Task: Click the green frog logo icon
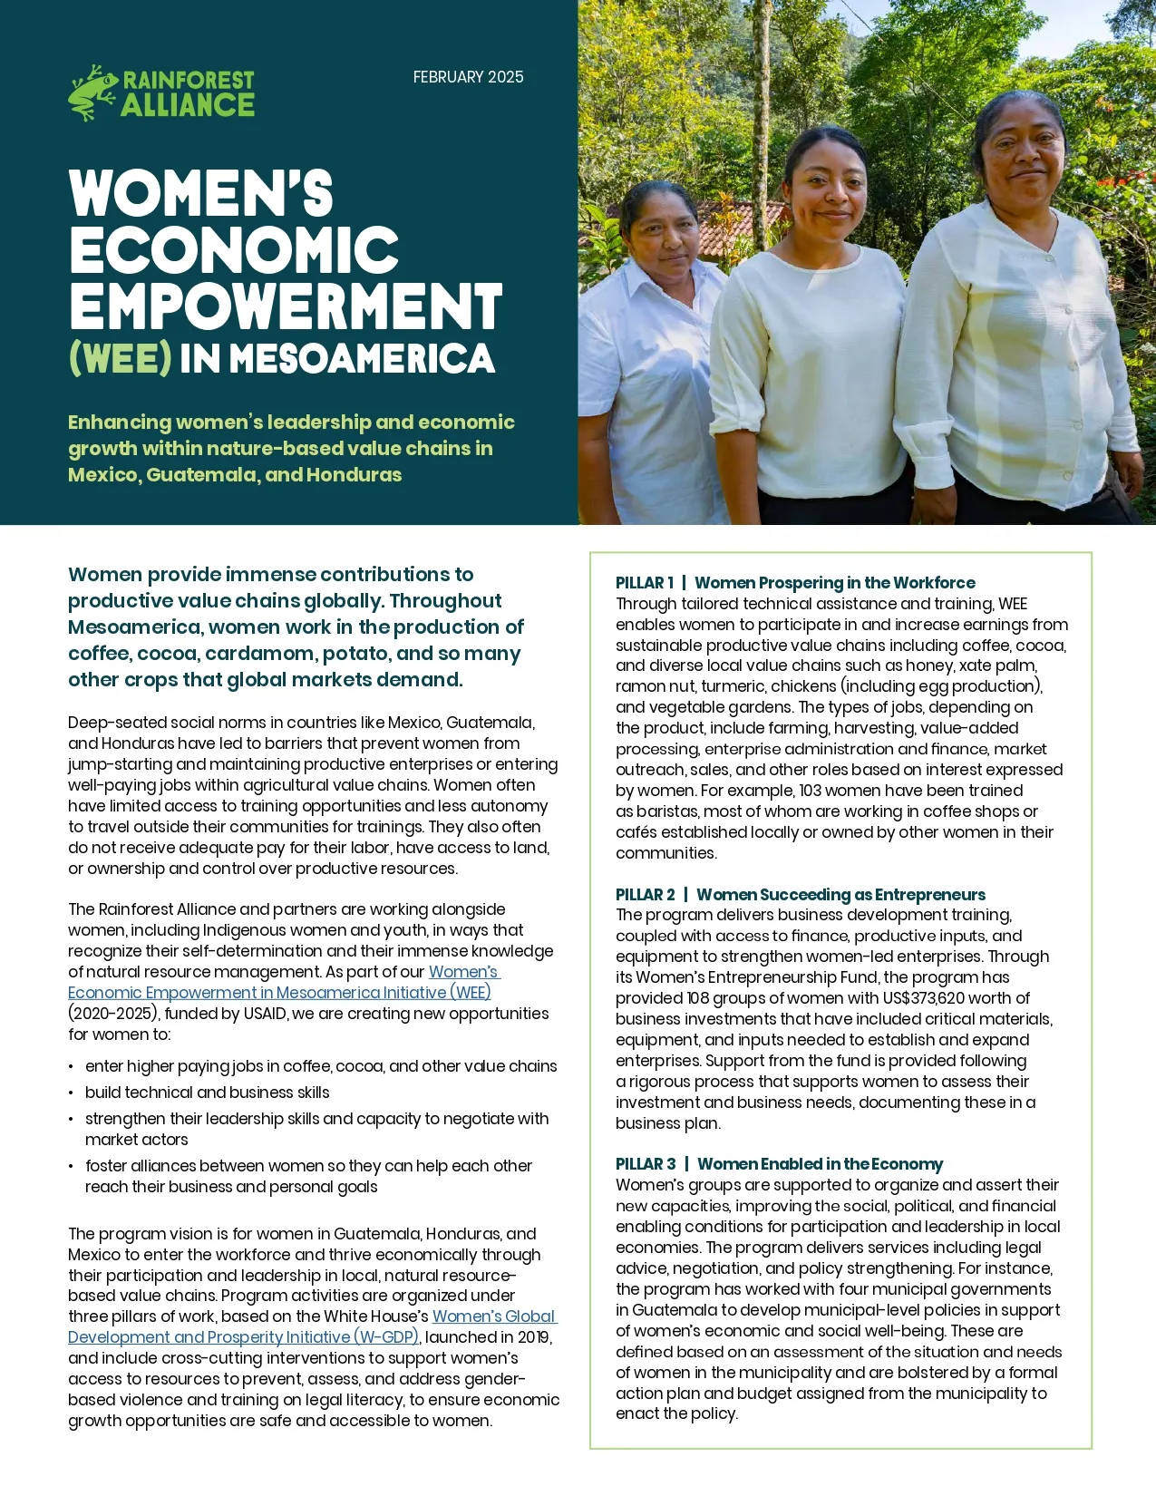tap(92, 92)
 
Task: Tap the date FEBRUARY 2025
tap(468, 77)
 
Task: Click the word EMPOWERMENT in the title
tap(286, 306)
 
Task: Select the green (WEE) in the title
tap(120, 358)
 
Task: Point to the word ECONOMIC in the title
tap(234, 249)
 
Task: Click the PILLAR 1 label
tap(645, 583)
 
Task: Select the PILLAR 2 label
tap(646, 895)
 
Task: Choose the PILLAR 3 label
tap(646, 1164)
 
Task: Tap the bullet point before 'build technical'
tap(71, 1093)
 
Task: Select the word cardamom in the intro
tap(296, 654)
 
